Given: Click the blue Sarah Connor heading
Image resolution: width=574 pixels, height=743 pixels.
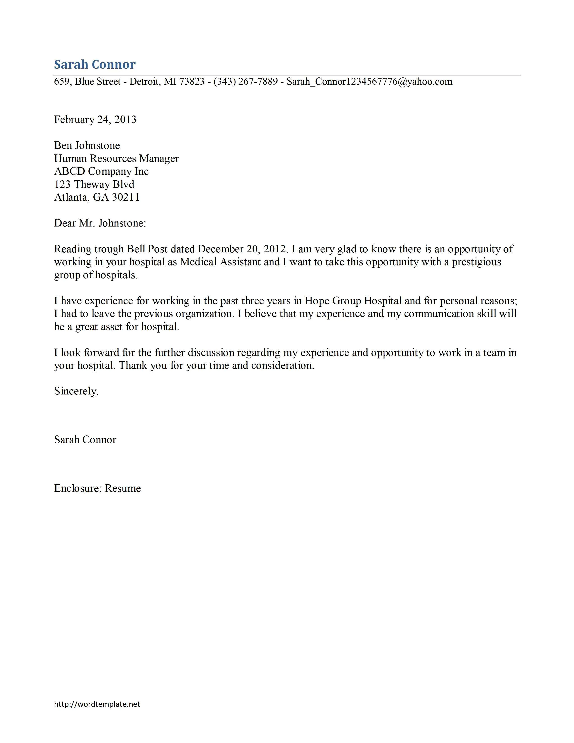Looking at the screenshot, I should tap(95, 64).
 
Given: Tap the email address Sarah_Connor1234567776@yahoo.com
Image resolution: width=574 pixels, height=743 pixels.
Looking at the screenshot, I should tap(369, 82).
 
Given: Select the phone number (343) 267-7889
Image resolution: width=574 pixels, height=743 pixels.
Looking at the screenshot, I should tap(246, 82).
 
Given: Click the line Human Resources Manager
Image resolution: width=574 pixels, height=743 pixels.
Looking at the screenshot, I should tap(116, 159).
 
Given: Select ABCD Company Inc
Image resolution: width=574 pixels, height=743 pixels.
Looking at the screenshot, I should tap(101, 172).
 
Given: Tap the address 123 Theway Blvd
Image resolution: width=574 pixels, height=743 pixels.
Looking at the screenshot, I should tap(94, 184).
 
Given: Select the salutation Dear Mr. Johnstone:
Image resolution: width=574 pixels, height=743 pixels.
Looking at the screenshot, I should tap(100, 223).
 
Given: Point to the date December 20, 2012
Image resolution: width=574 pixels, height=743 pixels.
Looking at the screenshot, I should tap(242, 249).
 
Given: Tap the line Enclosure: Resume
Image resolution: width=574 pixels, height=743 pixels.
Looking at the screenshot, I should tap(97, 488).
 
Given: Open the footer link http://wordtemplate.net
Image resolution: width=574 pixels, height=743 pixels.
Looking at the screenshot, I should tap(97, 704).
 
